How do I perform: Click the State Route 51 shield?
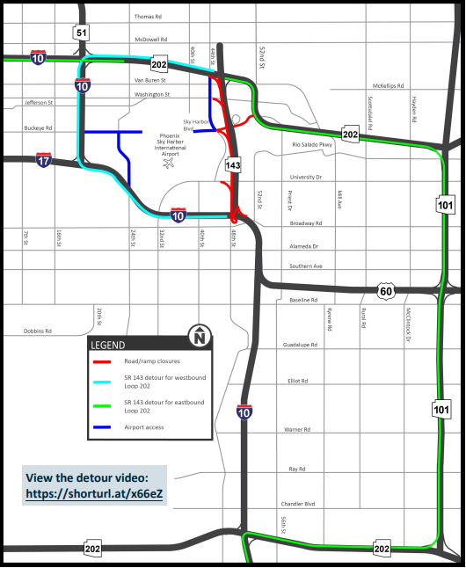pyautogui.click(x=81, y=33)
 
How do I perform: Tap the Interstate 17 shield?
pyautogui.click(x=44, y=159)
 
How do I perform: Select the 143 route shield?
pyautogui.click(x=233, y=165)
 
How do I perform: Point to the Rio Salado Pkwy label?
pyautogui.click(x=313, y=145)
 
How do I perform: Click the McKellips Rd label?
pyautogui.click(x=388, y=86)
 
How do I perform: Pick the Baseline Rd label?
pyautogui.click(x=304, y=301)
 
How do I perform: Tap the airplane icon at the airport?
pyautogui.click(x=169, y=163)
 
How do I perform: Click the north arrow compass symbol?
pyautogui.click(x=200, y=336)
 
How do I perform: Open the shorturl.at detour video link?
pyautogui.click(x=93, y=494)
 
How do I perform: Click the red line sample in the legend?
pyautogui.click(x=104, y=360)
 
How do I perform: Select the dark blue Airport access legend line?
pyautogui.click(x=104, y=426)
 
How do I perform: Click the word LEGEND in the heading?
pyautogui.click(x=107, y=345)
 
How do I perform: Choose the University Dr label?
pyautogui.click(x=307, y=177)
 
